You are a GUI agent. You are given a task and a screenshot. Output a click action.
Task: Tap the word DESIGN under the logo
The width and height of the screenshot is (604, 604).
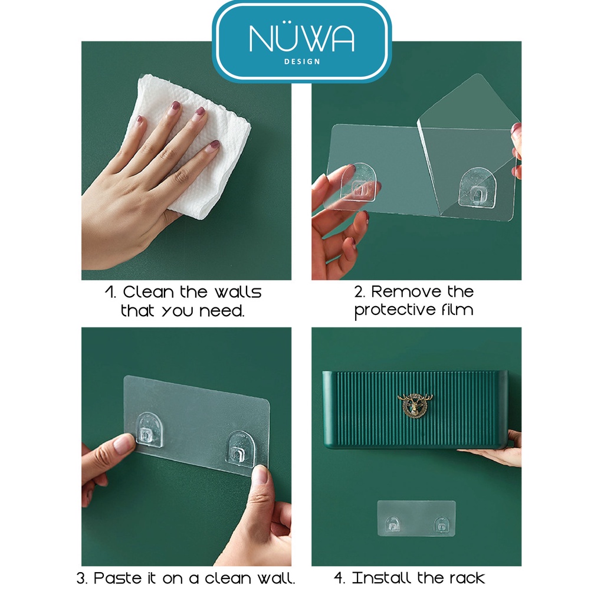coord(302,61)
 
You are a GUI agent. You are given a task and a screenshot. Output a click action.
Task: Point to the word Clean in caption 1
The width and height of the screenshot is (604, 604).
coord(148,292)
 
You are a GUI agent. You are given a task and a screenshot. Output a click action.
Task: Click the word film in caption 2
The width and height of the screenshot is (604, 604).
coord(458,309)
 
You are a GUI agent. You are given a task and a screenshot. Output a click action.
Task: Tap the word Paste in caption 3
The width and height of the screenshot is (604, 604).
coord(118,578)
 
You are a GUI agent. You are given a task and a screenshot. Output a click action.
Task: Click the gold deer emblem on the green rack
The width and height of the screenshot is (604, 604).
coord(415,405)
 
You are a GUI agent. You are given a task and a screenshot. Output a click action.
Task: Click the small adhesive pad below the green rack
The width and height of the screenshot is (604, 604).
coord(416,518)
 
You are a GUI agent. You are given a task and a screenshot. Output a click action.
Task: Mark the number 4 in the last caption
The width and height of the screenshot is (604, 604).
coord(339,578)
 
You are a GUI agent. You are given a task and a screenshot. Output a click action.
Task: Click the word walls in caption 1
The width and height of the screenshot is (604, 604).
coord(238,292)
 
